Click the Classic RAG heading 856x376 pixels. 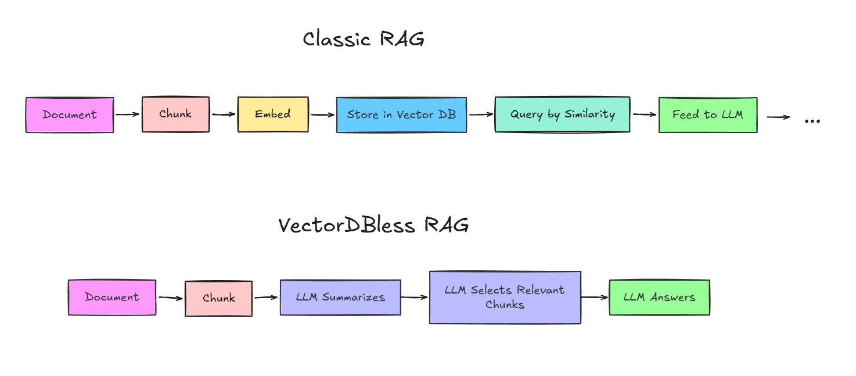pos(364,40)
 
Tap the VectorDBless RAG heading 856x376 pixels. pos(373,225)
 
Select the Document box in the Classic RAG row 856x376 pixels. pos(70,115)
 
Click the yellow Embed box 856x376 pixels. pos(272,114)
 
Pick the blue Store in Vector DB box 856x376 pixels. pos(401,115)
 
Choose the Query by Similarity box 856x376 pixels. pos(562,114)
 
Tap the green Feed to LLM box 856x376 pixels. pos(707,115)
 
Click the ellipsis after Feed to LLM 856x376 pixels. pos(812,120)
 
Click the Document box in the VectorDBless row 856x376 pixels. pos(112,298)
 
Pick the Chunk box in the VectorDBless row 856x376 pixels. pos(218,299)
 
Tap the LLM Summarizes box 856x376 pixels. pos(340,298)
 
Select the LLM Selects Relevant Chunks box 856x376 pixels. pos(505,297)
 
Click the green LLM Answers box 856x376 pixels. pos(659,298)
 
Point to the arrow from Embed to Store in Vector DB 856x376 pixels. pos(323,114)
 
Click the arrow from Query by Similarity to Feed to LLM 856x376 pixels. pos(644,114)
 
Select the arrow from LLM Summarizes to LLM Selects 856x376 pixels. pos(415,298)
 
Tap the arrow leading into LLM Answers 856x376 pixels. pos(595,298)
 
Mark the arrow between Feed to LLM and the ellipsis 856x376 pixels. pos(778,117)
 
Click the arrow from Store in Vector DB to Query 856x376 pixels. pos(480,114)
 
